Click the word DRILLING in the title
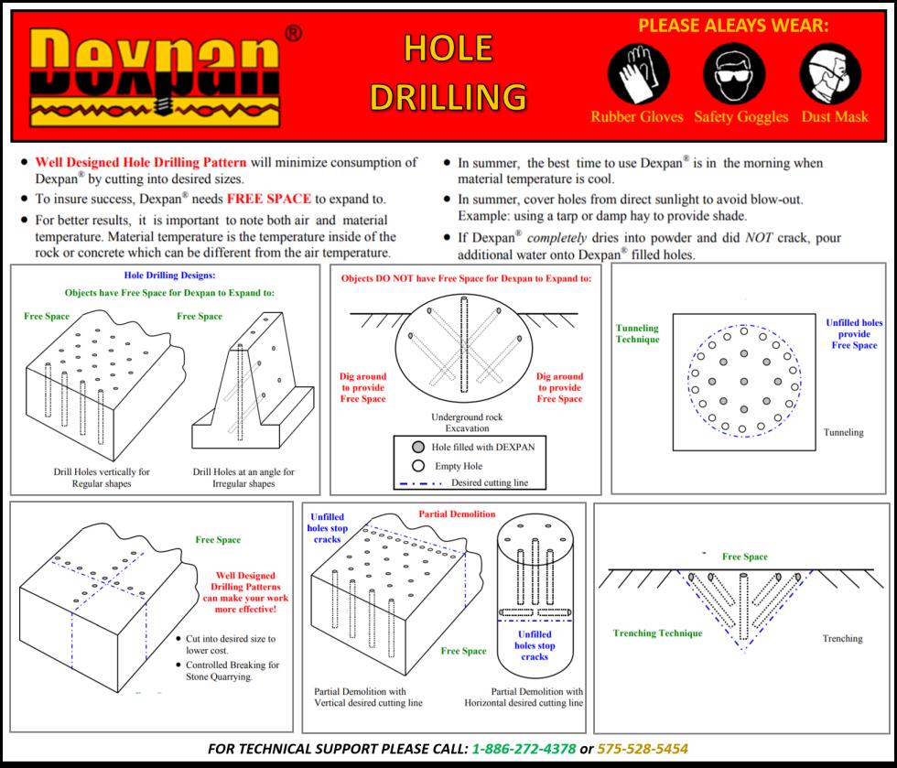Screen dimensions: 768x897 (448, 95)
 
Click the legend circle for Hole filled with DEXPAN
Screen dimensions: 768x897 (417, 446)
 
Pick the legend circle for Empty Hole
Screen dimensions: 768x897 (417, 465)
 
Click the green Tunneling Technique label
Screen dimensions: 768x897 (637, 333)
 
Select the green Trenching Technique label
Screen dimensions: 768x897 (657, 633)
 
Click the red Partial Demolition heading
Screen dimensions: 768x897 (457, 514)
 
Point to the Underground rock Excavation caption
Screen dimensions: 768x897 (467, 422)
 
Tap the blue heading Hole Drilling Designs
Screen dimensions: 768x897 (169, 275)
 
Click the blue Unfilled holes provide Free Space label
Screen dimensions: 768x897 (853, 334)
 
